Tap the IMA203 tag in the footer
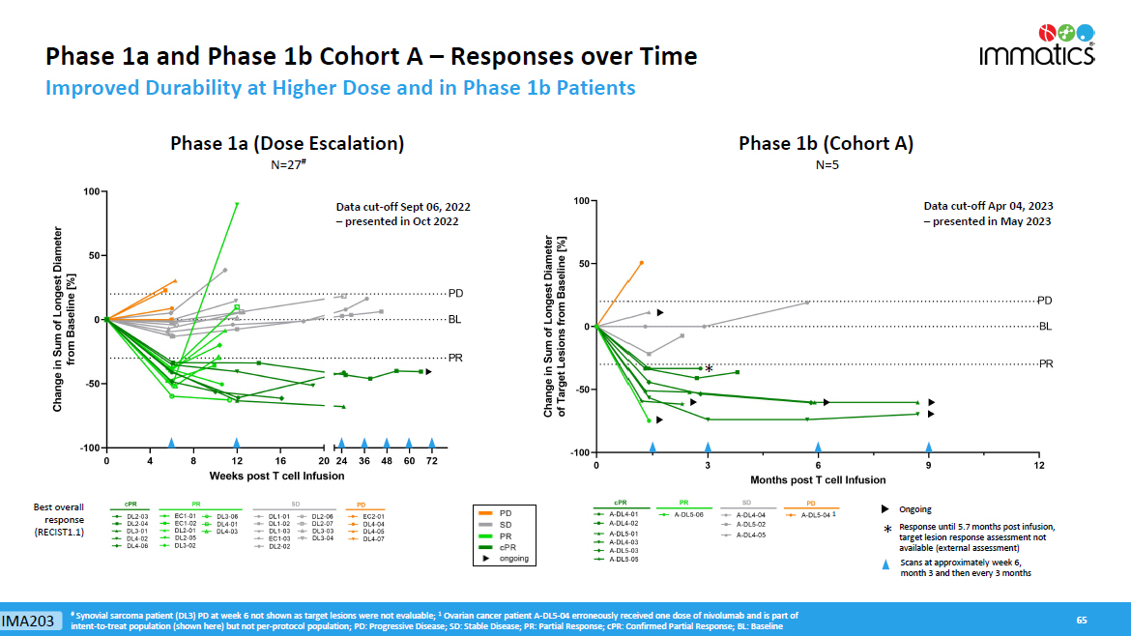click(x=27, y=620)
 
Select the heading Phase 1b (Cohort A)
click(x=826, y=144)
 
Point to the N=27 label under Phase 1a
click(x=286, y=165)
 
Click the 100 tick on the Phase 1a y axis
click(x=94, y=191)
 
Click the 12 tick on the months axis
click(x=1039, y=465)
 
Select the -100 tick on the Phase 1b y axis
click(x=580, y=452)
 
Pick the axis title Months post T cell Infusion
click(x=818, y=479)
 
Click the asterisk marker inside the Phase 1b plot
click(x=709, y=369)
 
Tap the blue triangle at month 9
click(x=929, y=448)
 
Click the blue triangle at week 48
click(x=387, y=444)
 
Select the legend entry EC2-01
click(x=372, y=517)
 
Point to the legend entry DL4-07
click(x=372, y=539)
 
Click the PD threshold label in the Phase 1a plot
click(x=455, y=292)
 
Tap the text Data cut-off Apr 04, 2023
click(x=987, y=206)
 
